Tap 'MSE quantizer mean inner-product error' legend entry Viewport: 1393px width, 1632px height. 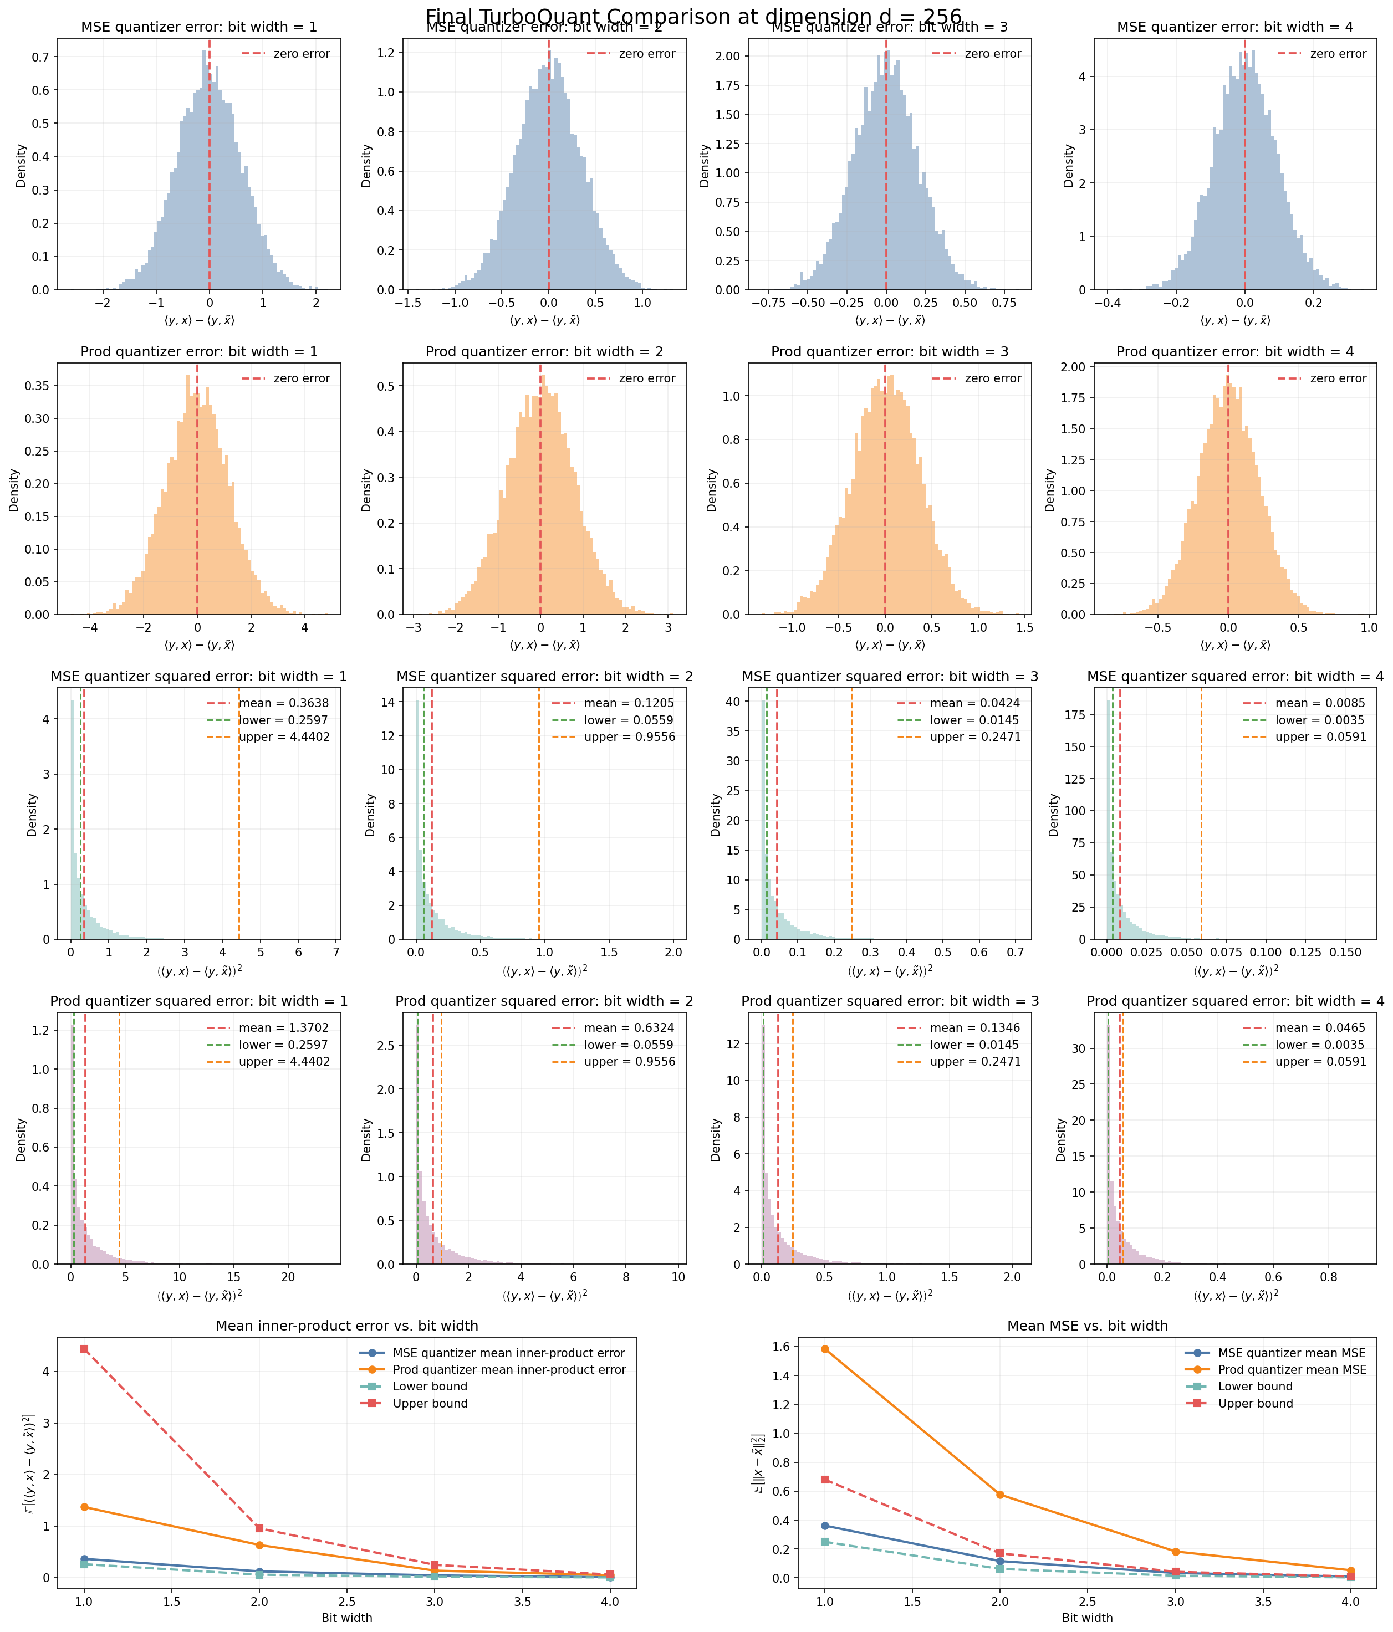(x=508, y=1353)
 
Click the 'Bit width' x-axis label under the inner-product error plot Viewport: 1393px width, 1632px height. (x=346, y=1618)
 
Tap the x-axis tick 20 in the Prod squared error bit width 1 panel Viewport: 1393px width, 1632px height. (x=288, y=1277)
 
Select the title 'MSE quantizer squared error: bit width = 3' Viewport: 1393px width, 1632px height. (x=890, y=677)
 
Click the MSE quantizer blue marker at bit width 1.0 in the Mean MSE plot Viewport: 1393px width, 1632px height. (x=825, y=1526)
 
